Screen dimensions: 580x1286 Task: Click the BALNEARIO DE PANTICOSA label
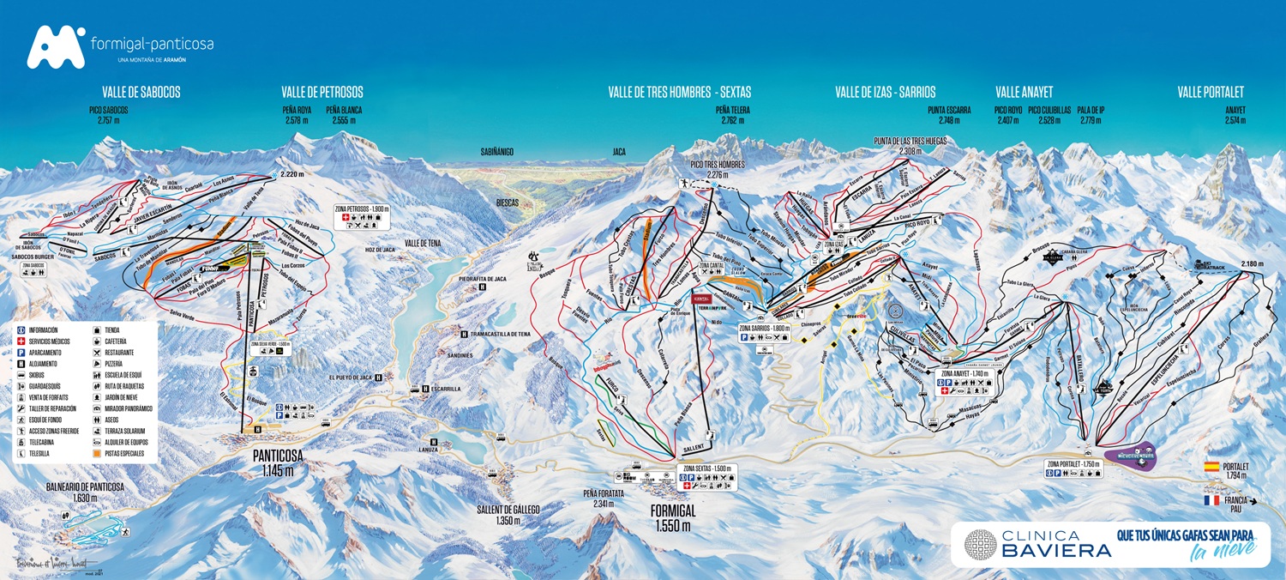(85, 486)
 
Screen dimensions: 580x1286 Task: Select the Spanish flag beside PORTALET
(1211, 467)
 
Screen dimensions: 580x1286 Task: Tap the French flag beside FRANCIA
(1211, 499)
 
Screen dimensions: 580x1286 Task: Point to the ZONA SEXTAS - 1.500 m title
(708, 468)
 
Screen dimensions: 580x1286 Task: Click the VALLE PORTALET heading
(1210, 92)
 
